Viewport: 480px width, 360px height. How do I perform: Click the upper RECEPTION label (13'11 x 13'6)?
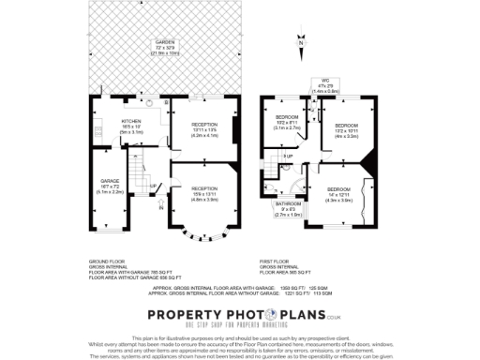(203, 129)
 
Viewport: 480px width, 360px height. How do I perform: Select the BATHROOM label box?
(288, 208)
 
